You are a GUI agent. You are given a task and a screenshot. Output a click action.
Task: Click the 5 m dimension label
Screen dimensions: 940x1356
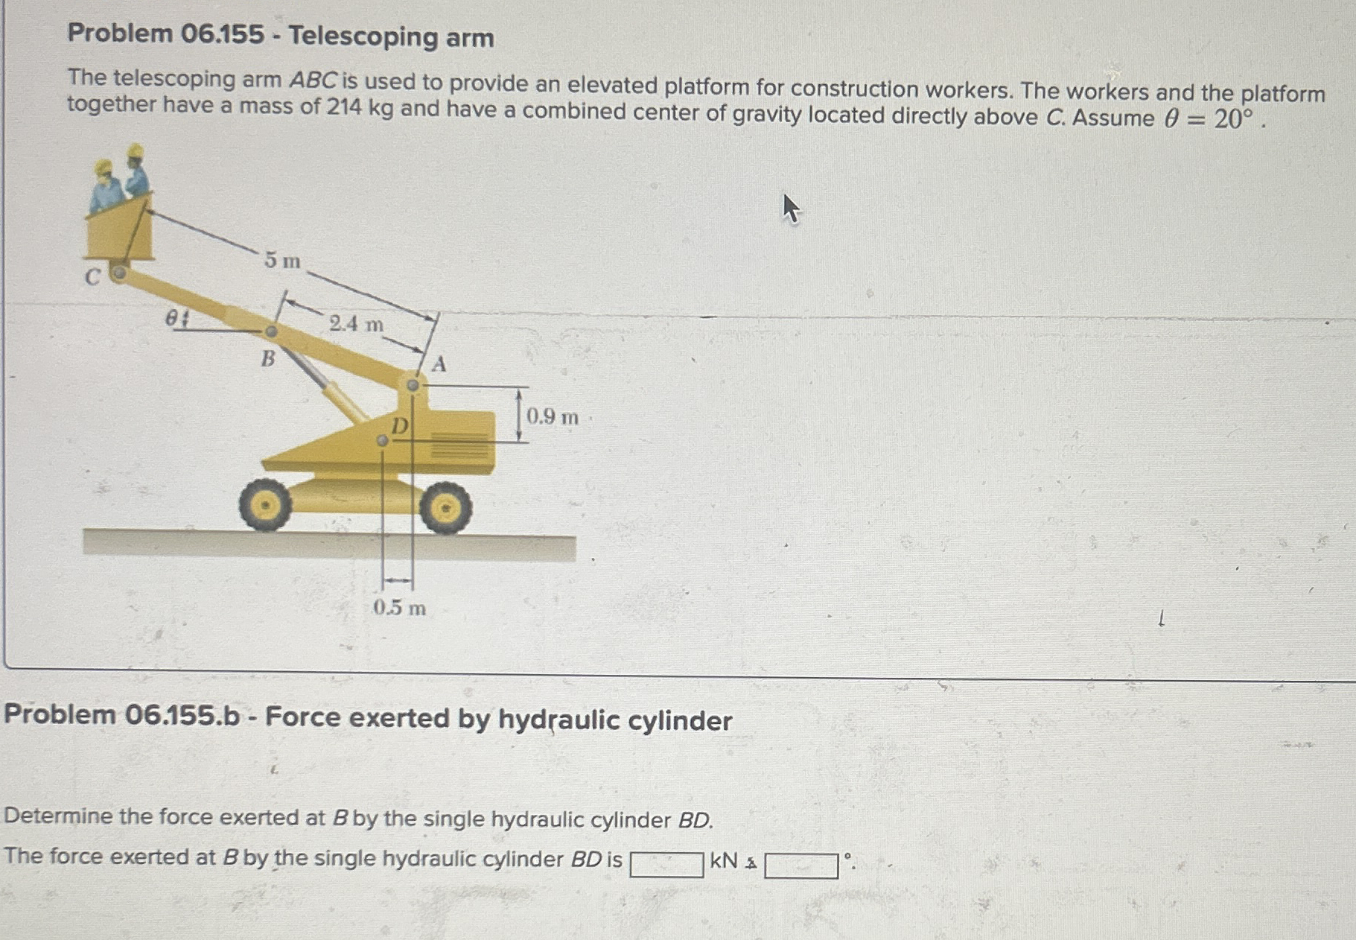point(282,261)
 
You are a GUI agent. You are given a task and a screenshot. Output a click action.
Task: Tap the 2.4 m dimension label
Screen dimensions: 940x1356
point(356,324)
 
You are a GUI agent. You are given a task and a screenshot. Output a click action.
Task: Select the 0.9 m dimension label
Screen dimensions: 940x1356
point(552,416)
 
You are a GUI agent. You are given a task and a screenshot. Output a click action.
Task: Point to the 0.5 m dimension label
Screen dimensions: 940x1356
point(399,608)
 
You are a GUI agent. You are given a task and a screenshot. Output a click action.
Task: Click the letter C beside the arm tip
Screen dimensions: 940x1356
point(92,277)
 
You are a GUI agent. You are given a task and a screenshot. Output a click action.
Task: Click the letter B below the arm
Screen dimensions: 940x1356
point(267,359)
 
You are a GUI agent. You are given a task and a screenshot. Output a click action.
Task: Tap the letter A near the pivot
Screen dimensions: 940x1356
point(439,364)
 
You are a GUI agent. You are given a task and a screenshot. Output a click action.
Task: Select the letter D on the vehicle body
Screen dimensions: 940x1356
point(400,426)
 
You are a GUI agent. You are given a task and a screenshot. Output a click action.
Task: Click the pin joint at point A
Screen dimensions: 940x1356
point(413,385)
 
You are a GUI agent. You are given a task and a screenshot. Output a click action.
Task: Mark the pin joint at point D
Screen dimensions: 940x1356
point(382,441)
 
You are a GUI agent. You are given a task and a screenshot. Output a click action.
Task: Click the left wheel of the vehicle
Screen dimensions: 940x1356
point(265,506)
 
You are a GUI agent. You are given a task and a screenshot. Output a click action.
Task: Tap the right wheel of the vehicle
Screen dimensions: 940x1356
point(445,508)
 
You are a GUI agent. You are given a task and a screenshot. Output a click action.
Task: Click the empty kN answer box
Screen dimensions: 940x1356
point(666,865)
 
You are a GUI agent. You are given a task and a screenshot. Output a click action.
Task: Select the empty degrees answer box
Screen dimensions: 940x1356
point(801,866)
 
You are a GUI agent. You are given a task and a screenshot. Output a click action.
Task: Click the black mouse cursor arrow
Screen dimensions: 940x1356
point(790,208)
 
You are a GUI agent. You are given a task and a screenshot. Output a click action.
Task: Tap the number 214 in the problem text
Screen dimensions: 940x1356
point(344,108)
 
